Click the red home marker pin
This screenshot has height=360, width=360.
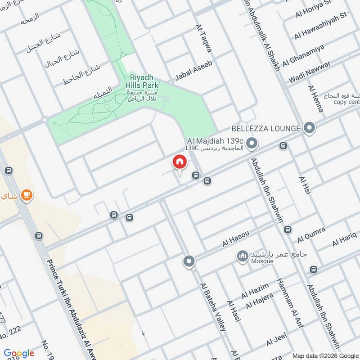[x=179, y=162]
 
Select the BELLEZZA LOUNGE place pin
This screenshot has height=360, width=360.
[x=309, y=129]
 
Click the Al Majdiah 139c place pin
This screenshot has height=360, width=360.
[x=252, y=144]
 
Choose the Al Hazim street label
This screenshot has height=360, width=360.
[x=255, y=291]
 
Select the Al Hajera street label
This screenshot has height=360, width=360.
[x=260, y=300]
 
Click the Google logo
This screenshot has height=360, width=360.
[x=19, y=353]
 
